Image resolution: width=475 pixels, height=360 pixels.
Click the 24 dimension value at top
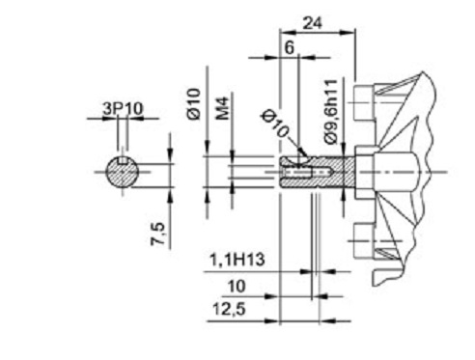(313, 23)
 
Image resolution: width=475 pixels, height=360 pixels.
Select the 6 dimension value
(290, 48)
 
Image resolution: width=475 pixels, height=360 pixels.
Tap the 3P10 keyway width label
(123, 109)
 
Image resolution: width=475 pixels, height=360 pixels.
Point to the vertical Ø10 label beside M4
(193, 103)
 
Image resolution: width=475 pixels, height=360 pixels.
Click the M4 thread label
(222, 108)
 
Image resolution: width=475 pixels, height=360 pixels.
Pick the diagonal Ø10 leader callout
(276, 124)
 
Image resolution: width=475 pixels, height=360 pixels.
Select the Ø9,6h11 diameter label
(331, 111)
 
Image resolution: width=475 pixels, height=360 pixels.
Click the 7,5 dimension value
(158, 234)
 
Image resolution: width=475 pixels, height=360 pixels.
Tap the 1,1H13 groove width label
(237, 260)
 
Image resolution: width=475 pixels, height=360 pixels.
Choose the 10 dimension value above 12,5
(237, 286)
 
